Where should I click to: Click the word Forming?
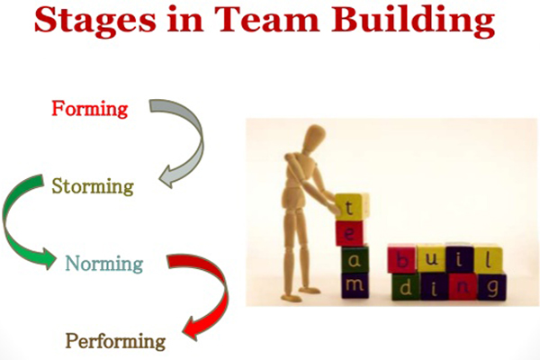tap(90, 109)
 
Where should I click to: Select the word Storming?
tap(93, 186)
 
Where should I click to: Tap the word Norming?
tap(104, 265)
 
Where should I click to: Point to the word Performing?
tap(115, 341)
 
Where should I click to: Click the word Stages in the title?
tap(95, 20)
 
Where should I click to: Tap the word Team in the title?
tap(267, 19)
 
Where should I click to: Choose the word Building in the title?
tap(413, 20)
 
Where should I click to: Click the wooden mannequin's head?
tap(312, 137)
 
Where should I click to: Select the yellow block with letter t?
tap(351, 207)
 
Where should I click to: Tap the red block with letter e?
tap(349, 234)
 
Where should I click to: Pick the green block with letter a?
tap(355, 260)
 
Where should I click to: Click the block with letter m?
tap(355, 285)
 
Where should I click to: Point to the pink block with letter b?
tap(402, 259)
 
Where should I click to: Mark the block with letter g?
tap(491, 286)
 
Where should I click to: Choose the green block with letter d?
tap(406, 287)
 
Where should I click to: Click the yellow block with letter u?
tap(431, 258)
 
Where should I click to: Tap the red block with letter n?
tap(463, 286)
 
